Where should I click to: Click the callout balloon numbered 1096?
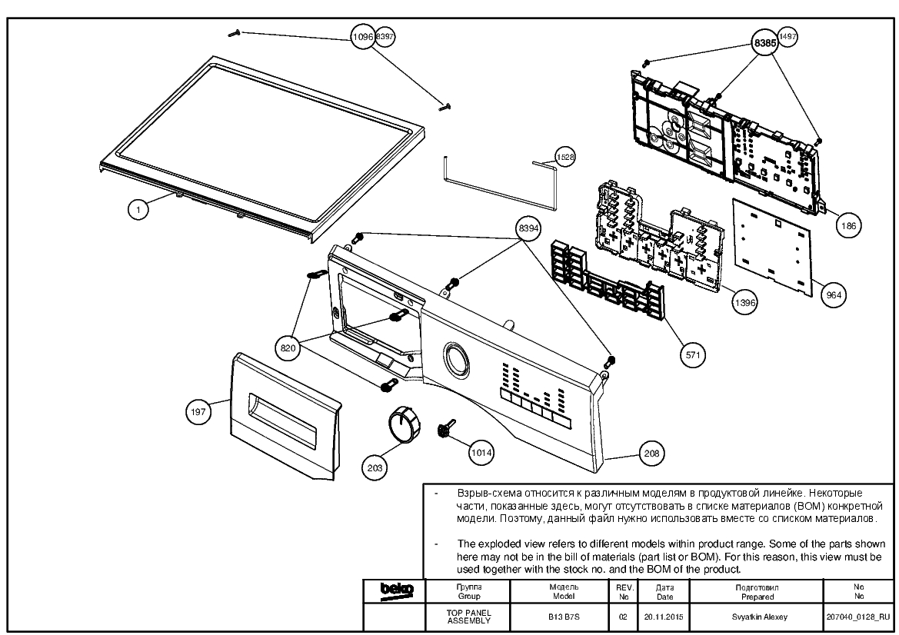click(362, 37)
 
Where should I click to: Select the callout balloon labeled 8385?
click(765, 42)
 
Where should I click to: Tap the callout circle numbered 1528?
click(565, 157)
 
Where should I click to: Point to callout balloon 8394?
click(528, 228)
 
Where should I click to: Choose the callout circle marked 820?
click(288, 348)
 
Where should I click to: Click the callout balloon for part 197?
click(198, 411)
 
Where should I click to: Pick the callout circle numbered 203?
click(375, 467)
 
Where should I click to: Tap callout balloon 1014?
click(481, 453)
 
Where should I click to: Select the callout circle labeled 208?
click(652, 454)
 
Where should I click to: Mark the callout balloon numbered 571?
click(693, 354)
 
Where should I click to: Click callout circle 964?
click(834, 294)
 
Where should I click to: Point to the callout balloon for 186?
click(848, 226)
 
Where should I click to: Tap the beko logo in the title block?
click(397, 590)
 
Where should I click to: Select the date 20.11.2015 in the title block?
click(664, 617)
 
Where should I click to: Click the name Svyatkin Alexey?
click(759, 617)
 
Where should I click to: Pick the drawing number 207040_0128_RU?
click(858, 617)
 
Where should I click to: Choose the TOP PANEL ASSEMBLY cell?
click(468, 617)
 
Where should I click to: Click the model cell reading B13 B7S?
click(564, 617)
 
